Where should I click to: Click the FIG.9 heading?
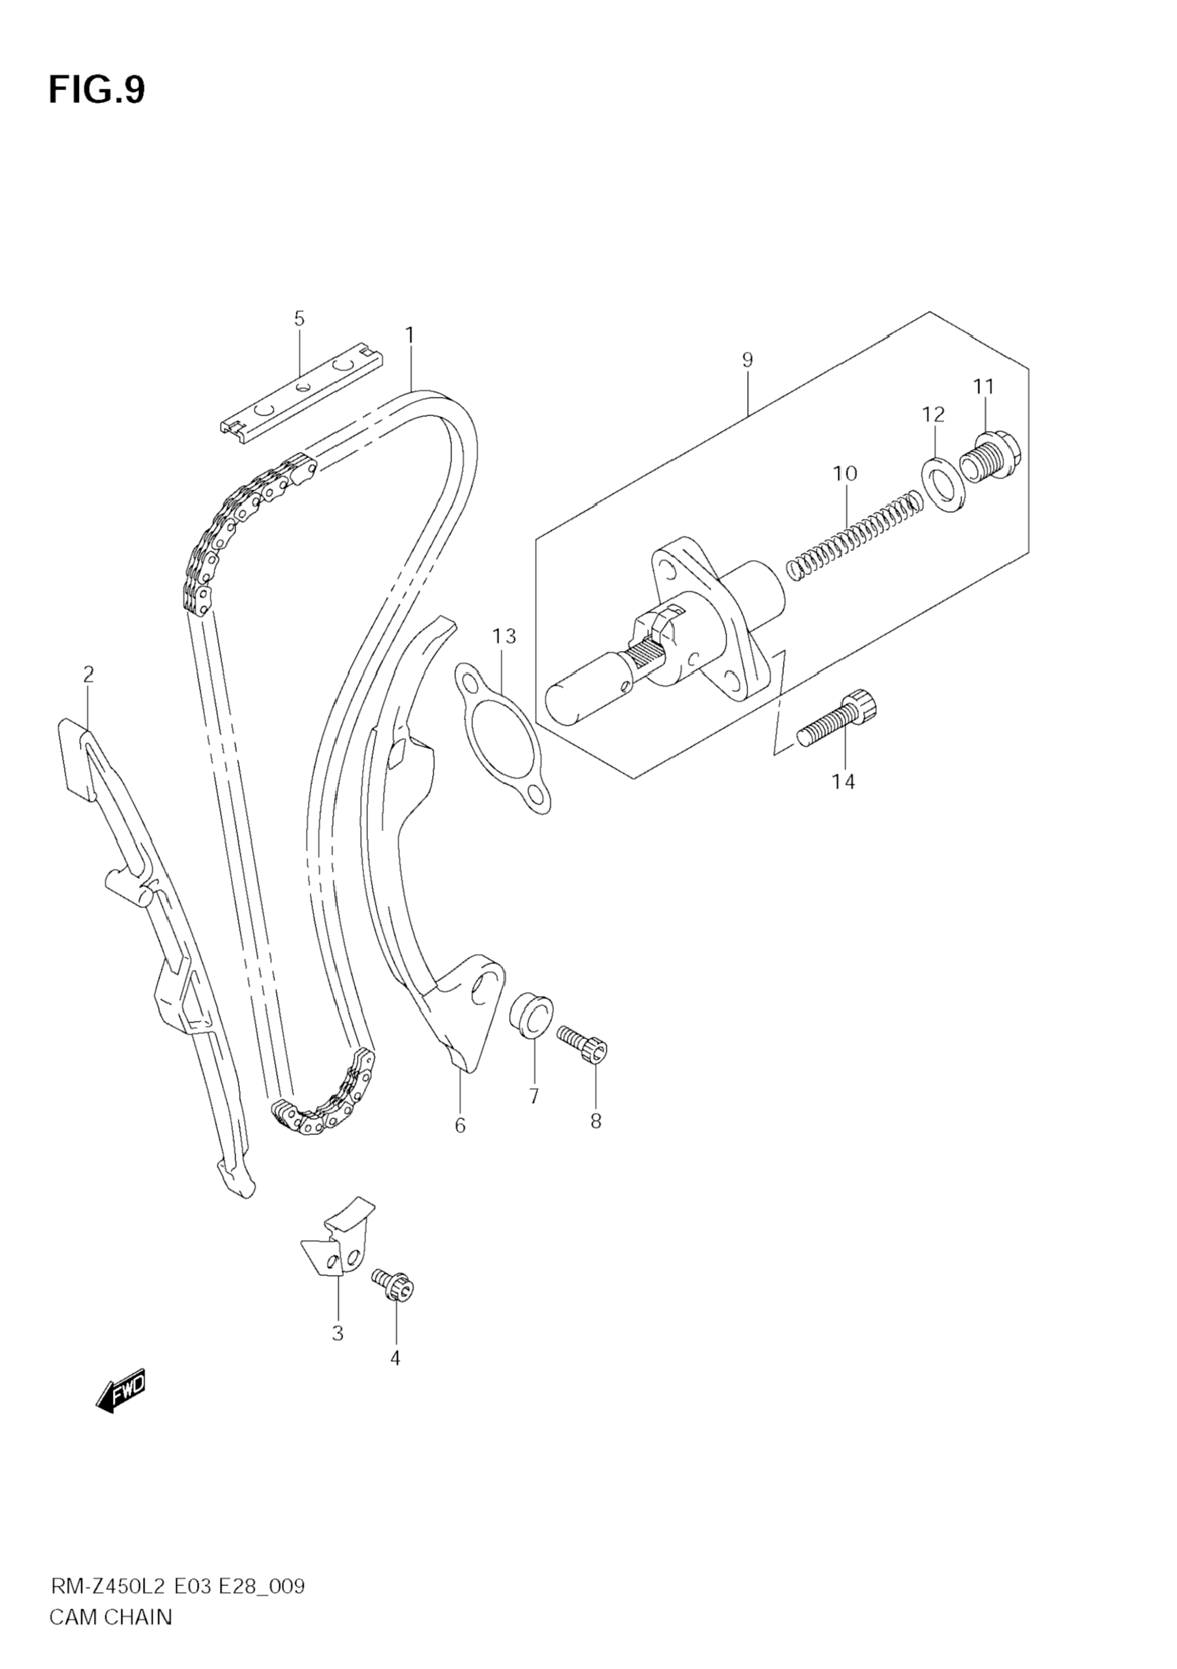97,90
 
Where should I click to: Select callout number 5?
299,319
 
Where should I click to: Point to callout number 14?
844,781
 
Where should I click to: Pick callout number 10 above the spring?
845,473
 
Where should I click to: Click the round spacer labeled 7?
531,1013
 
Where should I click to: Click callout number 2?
89,674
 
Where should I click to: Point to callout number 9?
748,359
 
